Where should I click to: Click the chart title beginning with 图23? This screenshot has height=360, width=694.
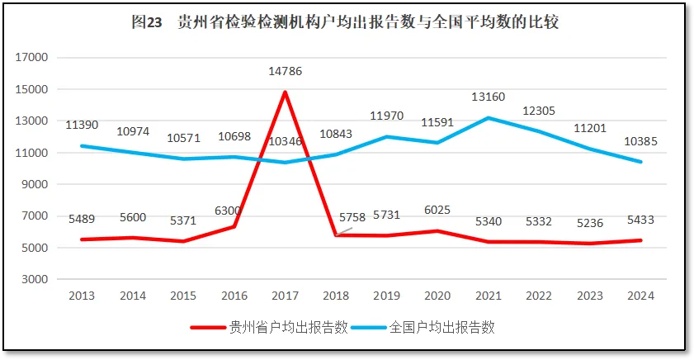[x=346, y=22]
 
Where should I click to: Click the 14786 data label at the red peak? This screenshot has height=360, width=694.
[x=285, y=71]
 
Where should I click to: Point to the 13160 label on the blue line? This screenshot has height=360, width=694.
[x=488, y=97]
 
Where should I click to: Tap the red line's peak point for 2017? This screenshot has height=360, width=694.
[x=285, y=92]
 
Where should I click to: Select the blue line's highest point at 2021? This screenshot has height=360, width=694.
[x=488, y=118]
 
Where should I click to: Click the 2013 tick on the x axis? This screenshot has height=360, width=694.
[x=82, y=296]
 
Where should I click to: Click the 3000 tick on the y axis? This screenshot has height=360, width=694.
[x=35, y=279]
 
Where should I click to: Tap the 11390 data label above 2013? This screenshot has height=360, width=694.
[x=82, y=125]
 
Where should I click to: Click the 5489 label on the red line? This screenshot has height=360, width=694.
[x=82, y=219]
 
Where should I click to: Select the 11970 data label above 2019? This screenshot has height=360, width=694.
[x=386, y=116]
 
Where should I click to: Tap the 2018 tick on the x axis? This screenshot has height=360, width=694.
[x=336, y=296]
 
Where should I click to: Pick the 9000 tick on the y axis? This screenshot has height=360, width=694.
[x=35, y=184]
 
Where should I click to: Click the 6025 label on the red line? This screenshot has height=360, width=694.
[x=437, y=211]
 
